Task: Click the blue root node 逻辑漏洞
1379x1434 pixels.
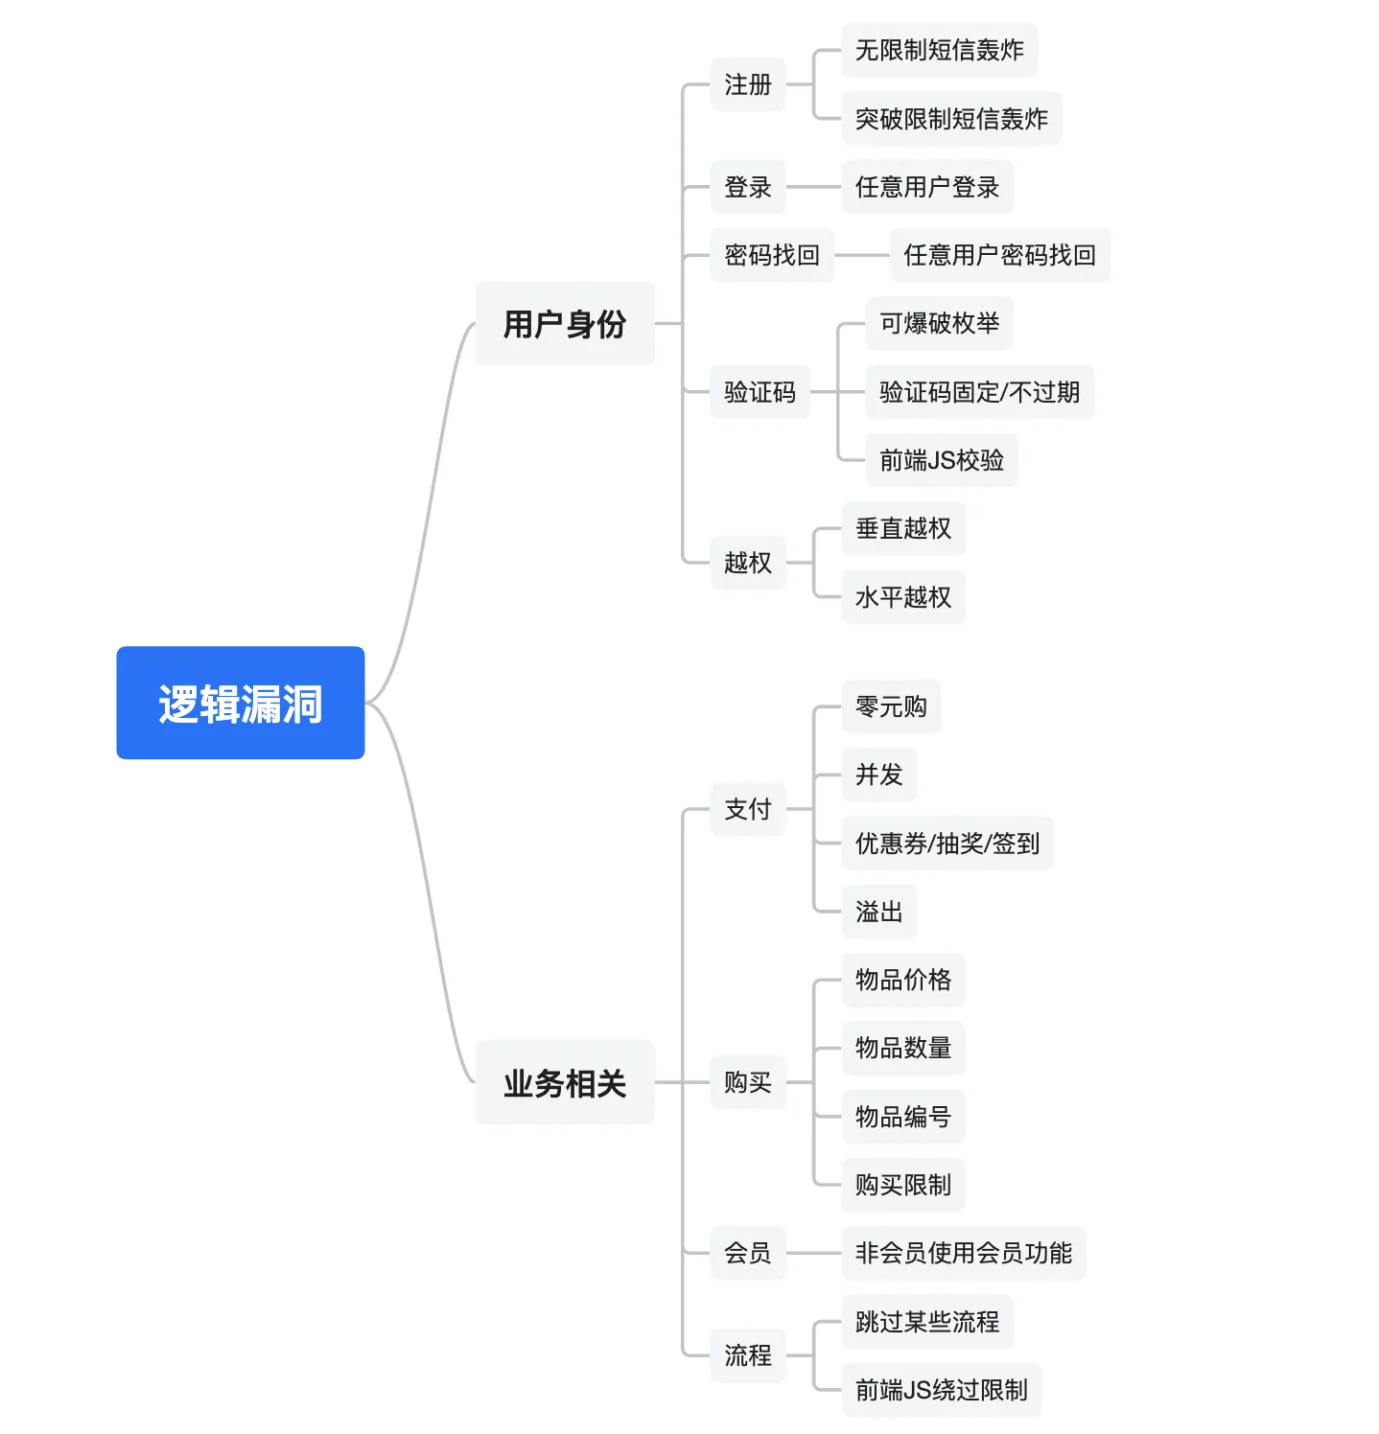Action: pos(241,703)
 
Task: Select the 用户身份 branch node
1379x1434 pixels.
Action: pos(565,324)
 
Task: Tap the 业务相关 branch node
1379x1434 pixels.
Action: pos(565,1082)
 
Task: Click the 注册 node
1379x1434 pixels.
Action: pos(748,84)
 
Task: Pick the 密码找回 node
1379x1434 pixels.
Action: pos(772,255)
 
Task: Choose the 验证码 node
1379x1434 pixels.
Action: pos(760,392)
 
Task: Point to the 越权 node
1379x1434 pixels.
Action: pos(748,563)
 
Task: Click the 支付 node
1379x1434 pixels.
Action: pos(748,809)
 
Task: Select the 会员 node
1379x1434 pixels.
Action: pos(748,1253)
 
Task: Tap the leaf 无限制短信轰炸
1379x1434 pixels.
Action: pos(940,50)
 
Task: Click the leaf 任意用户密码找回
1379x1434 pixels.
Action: pos(999,255)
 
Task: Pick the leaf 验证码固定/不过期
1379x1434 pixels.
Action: pos(979,392)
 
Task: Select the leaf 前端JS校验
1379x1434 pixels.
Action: pos(942,460)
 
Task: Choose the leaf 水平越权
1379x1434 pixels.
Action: pos(903,597)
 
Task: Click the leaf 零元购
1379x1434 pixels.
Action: pos(891,706)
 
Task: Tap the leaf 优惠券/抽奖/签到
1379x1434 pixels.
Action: pos(947,844)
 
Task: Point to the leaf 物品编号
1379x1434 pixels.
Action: pos(903,1117)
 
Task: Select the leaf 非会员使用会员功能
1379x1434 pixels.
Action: pos(964,1253)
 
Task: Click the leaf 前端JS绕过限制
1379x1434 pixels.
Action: pos(942,1390)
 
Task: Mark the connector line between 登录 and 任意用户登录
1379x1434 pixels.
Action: pos(813,187)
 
